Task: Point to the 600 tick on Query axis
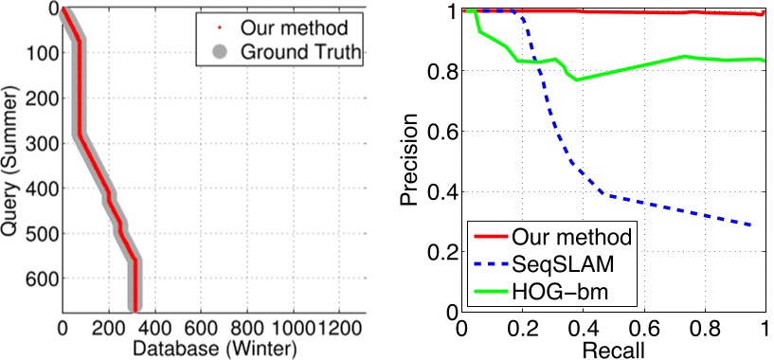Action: tap(36, 279)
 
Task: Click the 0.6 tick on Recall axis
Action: tap(644, 328)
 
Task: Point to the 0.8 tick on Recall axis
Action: tap(705, 328)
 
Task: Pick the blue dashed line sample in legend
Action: tap(491, 261)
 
